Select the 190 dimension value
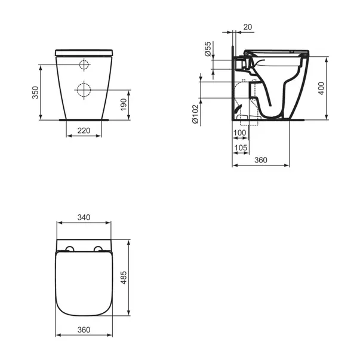click(123, 104)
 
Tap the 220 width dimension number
click(84, 130)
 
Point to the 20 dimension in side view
click(247, 27)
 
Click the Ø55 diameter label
click(208, 49)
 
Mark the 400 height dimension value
click(322, 88)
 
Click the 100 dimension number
click(240, 133)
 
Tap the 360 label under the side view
click(260, 160)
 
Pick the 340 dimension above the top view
click(84, 218)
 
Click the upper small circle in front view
click(84, 64)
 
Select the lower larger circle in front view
click(84, 88)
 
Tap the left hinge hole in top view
click(70, 250)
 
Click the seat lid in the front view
click(84, 53)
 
